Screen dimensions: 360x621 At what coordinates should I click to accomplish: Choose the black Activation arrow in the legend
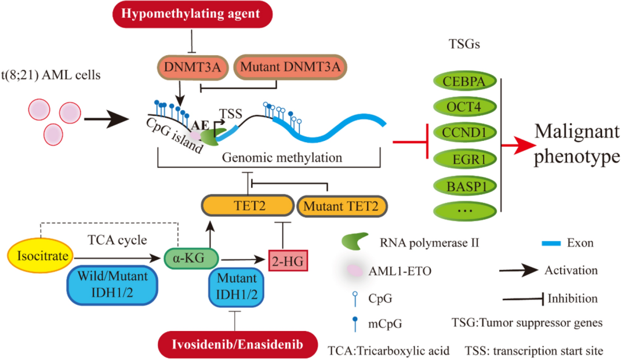[518, 271]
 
